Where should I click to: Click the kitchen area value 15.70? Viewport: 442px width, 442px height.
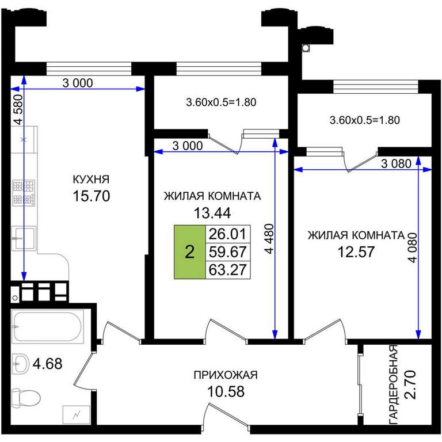point(92,196)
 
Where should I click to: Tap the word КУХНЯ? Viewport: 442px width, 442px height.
point(91,180)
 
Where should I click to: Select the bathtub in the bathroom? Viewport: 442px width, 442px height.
point(48,326)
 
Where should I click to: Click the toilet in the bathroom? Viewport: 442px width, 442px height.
point(26,398)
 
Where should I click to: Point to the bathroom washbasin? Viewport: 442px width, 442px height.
point(21,364)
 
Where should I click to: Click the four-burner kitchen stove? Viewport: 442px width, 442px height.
point(24,193)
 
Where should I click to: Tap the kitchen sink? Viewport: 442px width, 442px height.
point(24,238)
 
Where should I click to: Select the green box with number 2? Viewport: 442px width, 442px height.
point(190,252)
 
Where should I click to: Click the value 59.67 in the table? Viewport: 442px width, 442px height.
point(227,252)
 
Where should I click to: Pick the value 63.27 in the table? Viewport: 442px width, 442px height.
point(227,269)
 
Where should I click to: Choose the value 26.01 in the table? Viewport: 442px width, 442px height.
point(227,234)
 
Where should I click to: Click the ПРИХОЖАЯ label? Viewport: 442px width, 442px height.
point(226,375)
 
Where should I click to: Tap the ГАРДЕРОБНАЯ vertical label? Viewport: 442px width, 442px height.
point(394,384)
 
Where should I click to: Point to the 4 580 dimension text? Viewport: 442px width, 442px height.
point(18,109)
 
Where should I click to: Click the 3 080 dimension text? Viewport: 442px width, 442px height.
point(396,163)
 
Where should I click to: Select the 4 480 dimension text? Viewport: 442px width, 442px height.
point(269,239)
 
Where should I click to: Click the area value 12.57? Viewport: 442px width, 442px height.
point(356,252)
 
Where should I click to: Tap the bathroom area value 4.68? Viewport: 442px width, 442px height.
point(47,363)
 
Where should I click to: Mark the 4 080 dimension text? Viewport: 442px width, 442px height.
point(412,247)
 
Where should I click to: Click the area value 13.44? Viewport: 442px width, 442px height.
point(212,213)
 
